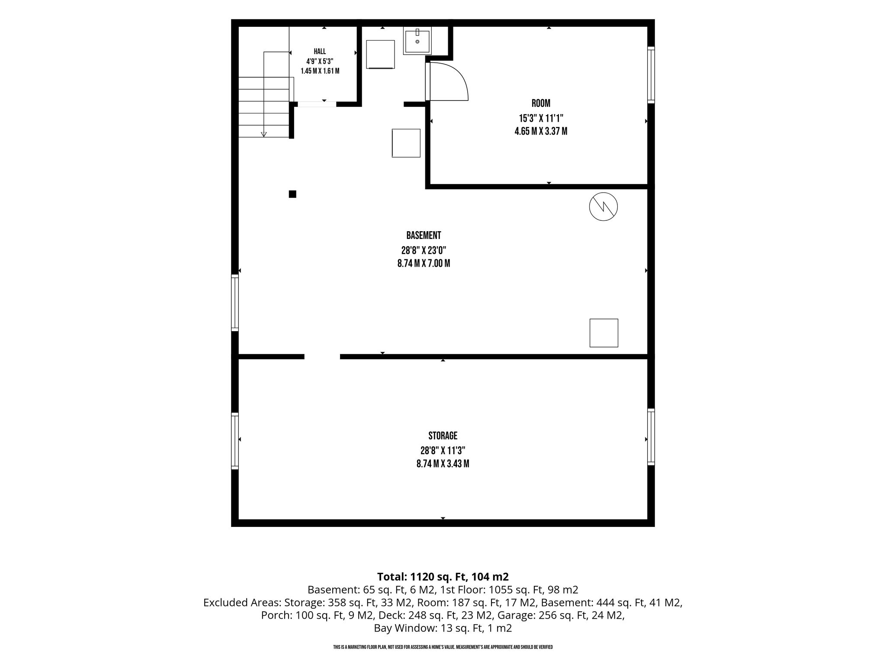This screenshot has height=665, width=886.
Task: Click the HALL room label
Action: pos(320,52)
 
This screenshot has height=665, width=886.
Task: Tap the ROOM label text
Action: pos(541,103)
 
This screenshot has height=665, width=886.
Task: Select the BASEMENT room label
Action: pos(424,236)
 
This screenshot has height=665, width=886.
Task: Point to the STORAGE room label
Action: pos(443,436)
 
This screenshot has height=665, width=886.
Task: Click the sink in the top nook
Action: pos(417,40)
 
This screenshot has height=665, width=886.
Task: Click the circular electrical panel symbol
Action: pos(603,207)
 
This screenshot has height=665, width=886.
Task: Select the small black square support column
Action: pos(292,194)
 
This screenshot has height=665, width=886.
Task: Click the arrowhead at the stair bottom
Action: pos(263,134)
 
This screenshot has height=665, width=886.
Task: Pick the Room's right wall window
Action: pos(651,75)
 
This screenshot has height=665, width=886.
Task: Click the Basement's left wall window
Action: pos(235,303)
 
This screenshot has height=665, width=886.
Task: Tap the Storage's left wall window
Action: pos(235,441)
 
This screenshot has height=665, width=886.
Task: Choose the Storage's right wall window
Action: pos(651,437)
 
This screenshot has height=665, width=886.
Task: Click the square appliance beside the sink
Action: pos(380,55)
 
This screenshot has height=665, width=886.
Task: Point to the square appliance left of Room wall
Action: pos(406,143)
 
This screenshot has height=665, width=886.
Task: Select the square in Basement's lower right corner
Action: pos(604,333)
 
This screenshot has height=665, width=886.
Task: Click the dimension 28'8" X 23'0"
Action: pos(424,250)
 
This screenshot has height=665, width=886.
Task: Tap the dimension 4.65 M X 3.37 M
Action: pos(541,131)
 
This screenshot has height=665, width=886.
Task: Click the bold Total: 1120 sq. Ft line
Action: pos(443,577)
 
